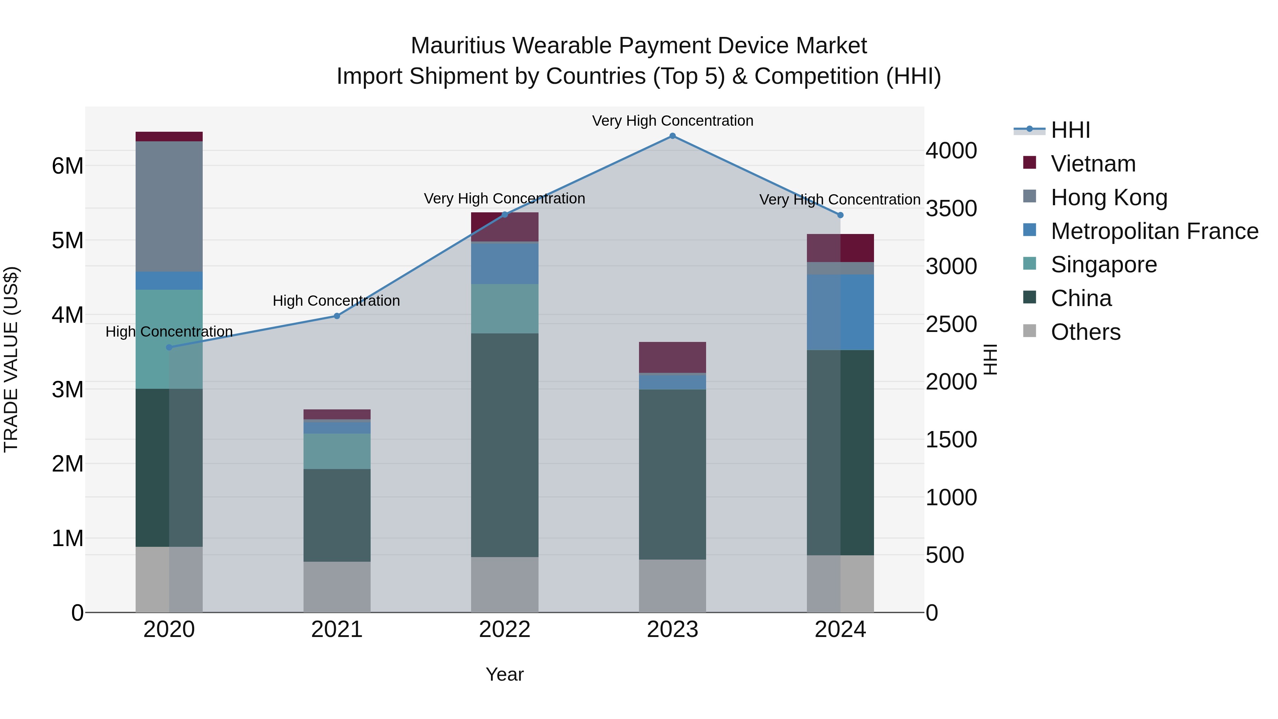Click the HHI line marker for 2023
pos(672,136)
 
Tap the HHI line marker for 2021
pos(337,316)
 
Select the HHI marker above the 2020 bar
pos(169,347)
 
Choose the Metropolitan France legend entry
pos(1154,231)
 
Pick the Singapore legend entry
pos(1103,265)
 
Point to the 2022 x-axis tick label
pos(504,630)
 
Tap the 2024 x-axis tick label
pos(840,630)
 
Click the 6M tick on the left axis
pos(68,166)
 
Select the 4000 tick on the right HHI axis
pos(951,151)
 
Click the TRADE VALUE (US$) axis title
pos(11,359)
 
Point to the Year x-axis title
pos(504,674)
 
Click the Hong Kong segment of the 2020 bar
pos(169,206)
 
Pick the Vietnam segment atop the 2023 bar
pos(672,357)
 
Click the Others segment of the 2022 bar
pos(504,584)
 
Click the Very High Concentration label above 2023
pos(672,121)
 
